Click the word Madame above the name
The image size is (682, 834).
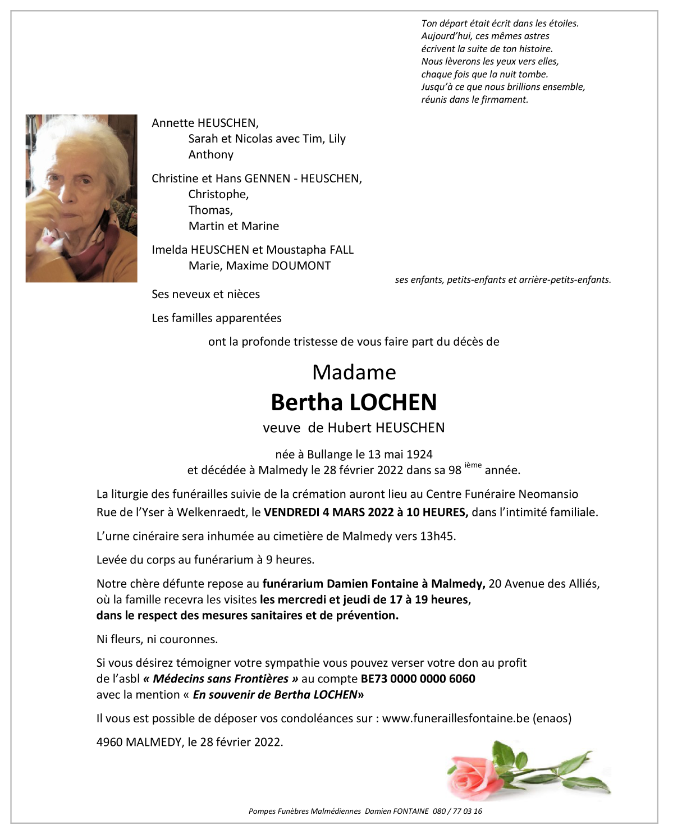click(354, 373)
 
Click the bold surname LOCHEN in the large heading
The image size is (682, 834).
click(393, 402)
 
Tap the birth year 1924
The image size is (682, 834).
click(419, 454)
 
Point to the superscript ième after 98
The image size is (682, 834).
click(473, 465)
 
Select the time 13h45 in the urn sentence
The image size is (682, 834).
click(437, 536)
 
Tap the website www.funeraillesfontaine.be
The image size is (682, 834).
click(455, 718)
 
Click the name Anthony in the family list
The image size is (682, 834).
click(210, 154)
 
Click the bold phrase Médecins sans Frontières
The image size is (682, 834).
click(221, 679)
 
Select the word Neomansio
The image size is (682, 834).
click(548, 494)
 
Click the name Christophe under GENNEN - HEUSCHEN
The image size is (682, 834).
click(218, 194)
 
